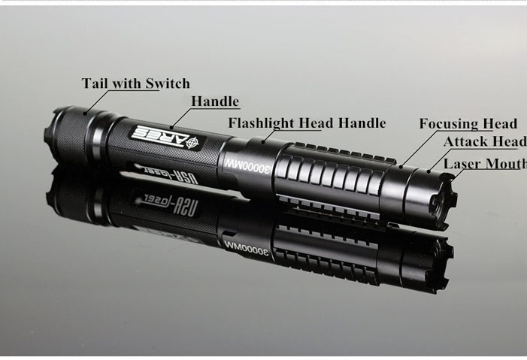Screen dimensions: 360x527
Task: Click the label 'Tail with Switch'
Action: [x=135, y=83]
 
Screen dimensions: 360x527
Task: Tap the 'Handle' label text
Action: [x=214, y=101]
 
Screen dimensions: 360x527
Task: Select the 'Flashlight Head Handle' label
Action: [x=307, y=123]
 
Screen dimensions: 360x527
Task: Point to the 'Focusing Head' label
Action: [x=468, y=124]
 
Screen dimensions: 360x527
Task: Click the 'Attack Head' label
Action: [x=484, y=143]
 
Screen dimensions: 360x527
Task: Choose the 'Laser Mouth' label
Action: [x=484, y=164]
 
